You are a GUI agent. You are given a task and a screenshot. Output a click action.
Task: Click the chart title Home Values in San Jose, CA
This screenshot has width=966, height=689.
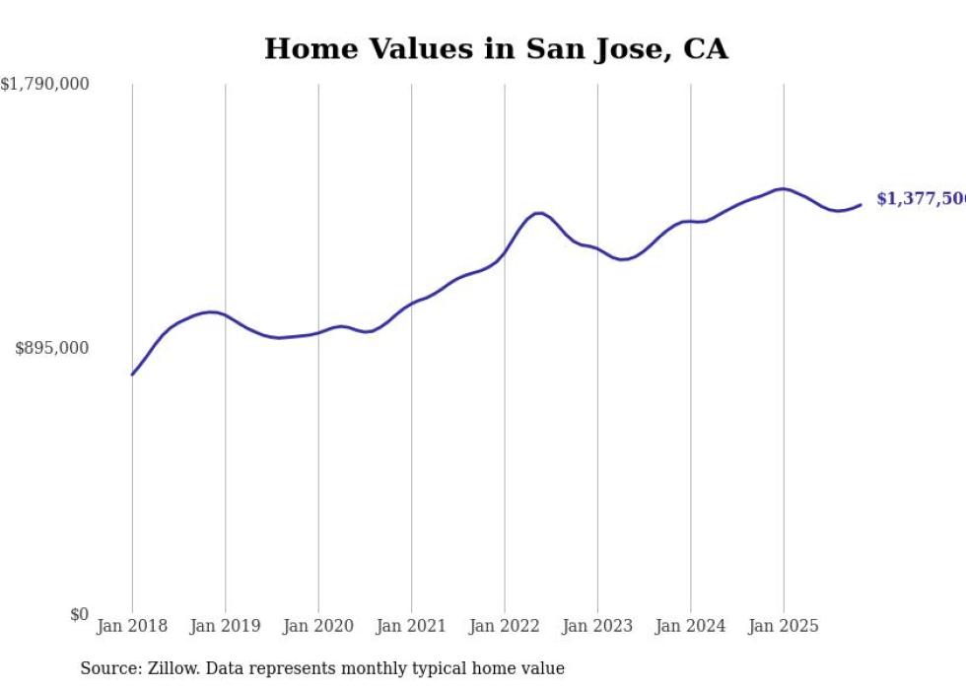tap(496, 49)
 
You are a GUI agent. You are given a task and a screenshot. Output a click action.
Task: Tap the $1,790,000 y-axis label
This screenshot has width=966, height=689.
tap(45, 85)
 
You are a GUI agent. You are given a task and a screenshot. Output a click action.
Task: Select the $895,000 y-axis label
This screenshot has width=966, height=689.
tap(52, 348)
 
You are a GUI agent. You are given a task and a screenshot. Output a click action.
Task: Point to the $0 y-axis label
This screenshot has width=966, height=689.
tap(79, 615)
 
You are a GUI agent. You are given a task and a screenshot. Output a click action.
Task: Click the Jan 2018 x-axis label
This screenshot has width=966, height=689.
tap(132, 626)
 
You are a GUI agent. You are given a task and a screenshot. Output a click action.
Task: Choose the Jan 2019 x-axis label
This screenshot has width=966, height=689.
tap(225, 626)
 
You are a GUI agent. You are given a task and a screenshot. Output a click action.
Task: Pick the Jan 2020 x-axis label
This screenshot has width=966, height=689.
tap(318, 626)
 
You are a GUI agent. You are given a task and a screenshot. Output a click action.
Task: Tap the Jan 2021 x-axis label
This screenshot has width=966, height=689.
tap(411, 626)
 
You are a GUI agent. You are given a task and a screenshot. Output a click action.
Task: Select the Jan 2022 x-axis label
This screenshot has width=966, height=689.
tap(504, 626)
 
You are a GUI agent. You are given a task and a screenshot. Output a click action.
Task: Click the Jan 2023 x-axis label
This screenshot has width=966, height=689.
tap(597, 626)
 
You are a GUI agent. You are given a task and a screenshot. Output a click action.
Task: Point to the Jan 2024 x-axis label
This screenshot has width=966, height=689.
tap(690, 626)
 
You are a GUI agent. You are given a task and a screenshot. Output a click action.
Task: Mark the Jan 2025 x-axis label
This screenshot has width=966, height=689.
tap(784, 626)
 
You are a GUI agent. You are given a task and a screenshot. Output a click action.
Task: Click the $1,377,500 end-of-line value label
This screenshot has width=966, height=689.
tap(921, 199)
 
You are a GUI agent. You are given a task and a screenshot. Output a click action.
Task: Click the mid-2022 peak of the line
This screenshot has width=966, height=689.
tap(538, 213)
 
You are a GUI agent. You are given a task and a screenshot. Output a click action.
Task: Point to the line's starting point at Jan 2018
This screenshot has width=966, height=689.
tap(132, 375)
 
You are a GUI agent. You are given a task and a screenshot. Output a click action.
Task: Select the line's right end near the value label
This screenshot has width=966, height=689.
tap(861, 205)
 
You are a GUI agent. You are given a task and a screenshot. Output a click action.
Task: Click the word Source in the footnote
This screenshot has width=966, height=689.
tap(107, 668)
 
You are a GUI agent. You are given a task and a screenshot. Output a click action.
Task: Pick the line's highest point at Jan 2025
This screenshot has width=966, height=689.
tap(783, 188)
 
